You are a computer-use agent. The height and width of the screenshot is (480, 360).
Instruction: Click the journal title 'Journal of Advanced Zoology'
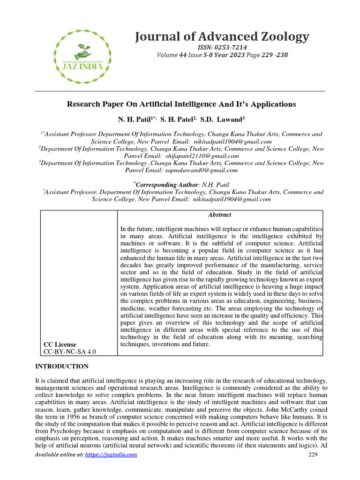pos(222,36)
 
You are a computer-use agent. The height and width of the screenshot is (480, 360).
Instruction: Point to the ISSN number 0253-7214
pos(230,47)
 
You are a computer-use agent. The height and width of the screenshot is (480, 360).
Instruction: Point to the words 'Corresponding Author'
pos(166,185)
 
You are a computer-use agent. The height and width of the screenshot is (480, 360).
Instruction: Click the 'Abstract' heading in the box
pos(219,215)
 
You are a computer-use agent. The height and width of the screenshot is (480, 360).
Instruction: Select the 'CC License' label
pos(60,344)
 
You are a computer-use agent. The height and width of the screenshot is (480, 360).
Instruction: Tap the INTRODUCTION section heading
pos(61,366)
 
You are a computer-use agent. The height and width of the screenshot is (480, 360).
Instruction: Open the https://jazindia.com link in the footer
pos(111,454)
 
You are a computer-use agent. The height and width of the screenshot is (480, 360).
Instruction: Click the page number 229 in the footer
pos(314,454)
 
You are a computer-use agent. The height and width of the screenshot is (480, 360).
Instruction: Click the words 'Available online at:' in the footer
pos(60,454)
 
